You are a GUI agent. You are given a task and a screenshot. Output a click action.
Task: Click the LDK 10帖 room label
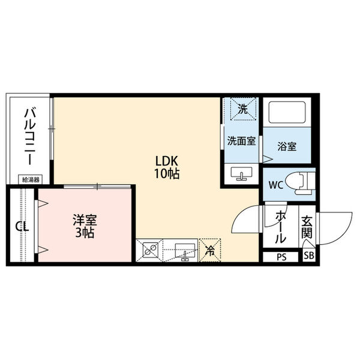click(168, 167)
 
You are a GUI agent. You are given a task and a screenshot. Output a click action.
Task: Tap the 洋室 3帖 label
click(84, 227)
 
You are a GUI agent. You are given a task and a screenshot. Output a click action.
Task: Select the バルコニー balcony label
click(28, 137)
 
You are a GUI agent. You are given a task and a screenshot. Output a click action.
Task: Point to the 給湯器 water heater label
click(29, 179)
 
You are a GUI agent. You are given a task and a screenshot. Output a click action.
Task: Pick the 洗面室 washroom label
click(241, 141)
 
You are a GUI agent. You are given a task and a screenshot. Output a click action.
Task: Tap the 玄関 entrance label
click(306, 228)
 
